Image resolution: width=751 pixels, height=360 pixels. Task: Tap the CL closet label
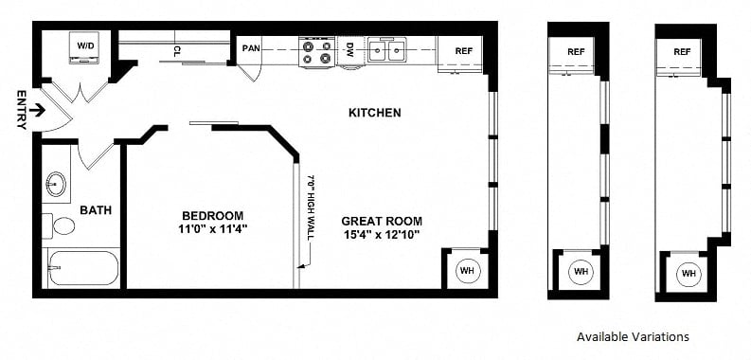(x=177, y=50)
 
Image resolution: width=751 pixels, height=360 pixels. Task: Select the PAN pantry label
(x=251, y=48)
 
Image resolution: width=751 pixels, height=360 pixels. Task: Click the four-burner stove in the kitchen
(x=316, y=51)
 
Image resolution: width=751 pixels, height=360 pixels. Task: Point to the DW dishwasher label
(x=350, y=49)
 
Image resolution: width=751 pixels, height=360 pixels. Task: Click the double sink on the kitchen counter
(x=387, y=50)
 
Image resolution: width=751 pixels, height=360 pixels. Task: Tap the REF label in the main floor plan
(x=464, y=51)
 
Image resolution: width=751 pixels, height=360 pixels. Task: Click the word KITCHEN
(x=374, y=113)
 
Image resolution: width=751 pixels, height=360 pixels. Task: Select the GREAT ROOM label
(x=382, y=222)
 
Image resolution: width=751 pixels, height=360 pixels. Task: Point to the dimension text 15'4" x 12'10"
(x=382, y=235)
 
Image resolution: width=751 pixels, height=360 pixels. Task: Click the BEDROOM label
(x=213, y=216)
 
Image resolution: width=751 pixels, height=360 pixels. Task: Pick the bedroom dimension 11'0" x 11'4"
(x=213, y=229)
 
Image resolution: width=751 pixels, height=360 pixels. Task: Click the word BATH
(x=96, y=210)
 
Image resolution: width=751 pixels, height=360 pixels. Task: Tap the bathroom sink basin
(x=56, y=184)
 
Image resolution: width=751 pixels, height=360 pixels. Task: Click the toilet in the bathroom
(x=59, y=225)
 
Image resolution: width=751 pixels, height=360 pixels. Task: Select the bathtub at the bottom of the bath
(x=82, y=268)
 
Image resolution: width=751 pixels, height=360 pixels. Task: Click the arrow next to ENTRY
(x=37, y=111)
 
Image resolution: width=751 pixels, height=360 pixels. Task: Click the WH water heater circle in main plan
(x=467, y=270)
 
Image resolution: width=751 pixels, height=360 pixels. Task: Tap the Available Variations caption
(x=633, y=336)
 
